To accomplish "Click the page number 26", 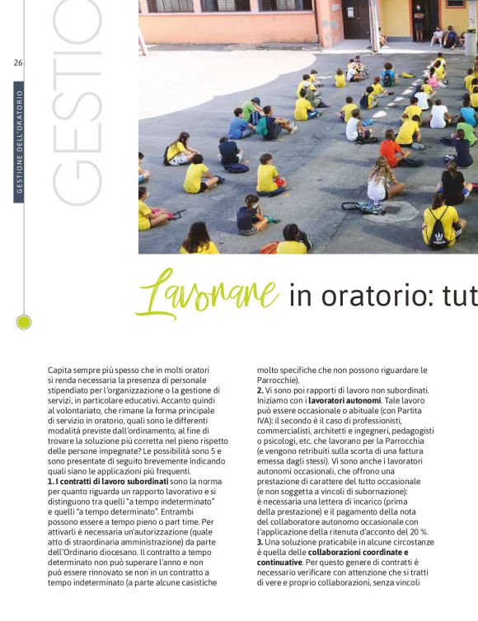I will coord(18,64).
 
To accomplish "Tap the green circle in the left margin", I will coord(24,322).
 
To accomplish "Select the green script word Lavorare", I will coord(207,292).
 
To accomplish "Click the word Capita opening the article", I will coord(60,371).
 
